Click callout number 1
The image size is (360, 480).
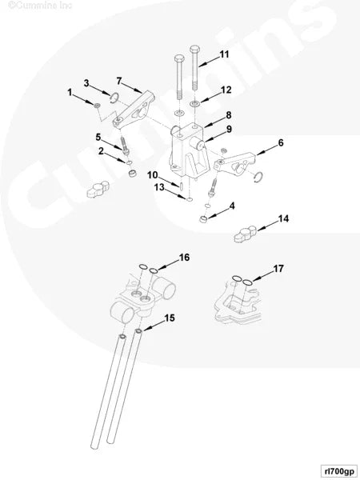[x=70, y=93]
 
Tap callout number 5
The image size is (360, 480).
[x=99, y=137]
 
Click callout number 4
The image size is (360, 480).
[x=232, y=206]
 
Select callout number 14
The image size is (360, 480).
[x=283, y=218]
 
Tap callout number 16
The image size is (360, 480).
[x=183, y=258]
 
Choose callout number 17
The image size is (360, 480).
[x=278, y=269]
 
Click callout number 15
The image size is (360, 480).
[x=170, y=318]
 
